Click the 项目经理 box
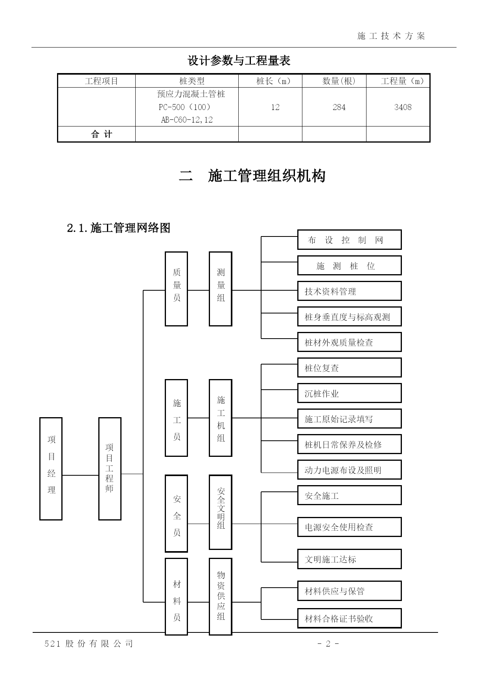tap(51, 469)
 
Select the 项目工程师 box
tap(110, 469)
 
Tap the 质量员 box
tap(176, 289)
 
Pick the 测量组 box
tap(221, 289)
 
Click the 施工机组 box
tap(221, 418)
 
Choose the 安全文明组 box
tap(221, 512)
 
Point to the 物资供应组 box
tap(221, 596)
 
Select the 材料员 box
tap(176, 596)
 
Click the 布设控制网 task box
tap(350, 240)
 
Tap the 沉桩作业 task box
tap(350, 393)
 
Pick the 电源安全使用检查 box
tap(350, 527)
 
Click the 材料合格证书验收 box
tap(350, 618)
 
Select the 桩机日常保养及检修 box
tap(350, 444)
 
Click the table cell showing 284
tap(339, 107)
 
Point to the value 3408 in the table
tap(403, 107)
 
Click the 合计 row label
tap(102, 134)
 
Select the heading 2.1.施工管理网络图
tap(119, 228)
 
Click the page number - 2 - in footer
tap(328, 643)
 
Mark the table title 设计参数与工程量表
tap(239, 60)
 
